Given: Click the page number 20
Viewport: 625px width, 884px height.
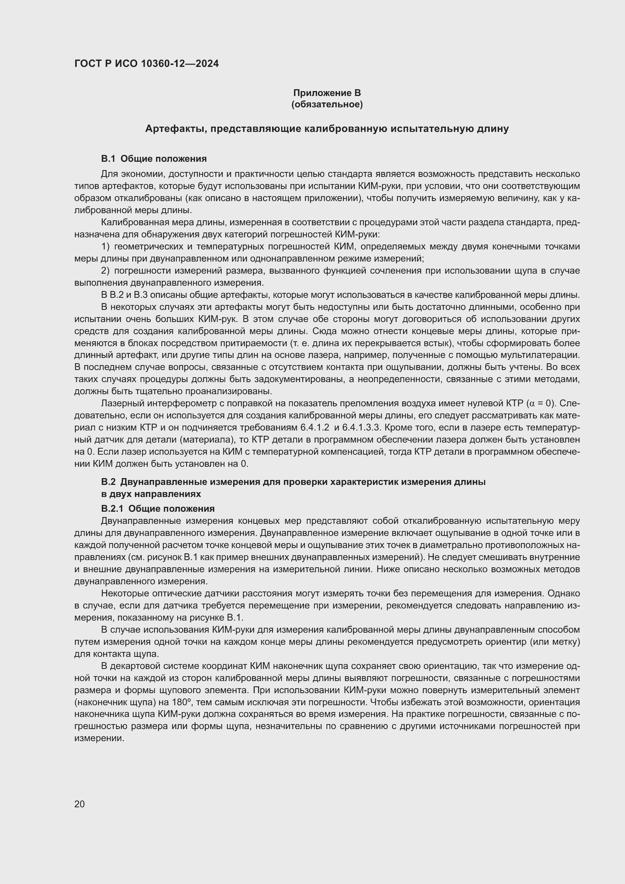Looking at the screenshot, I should click(79, 804).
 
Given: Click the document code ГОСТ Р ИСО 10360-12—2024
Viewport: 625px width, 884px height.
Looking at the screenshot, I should click(146, 63).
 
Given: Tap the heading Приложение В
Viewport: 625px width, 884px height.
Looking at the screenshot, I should click(327, 93).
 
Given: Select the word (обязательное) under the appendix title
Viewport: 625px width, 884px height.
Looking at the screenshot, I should click(327, 104).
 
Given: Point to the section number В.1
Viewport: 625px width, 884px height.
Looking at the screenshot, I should click(108, 159).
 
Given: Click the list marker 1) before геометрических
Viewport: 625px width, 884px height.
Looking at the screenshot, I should click(105, 246).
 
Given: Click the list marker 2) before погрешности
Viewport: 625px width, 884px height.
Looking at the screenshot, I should click(105, 271).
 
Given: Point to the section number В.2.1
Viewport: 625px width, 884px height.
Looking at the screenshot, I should click(112, 509).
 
